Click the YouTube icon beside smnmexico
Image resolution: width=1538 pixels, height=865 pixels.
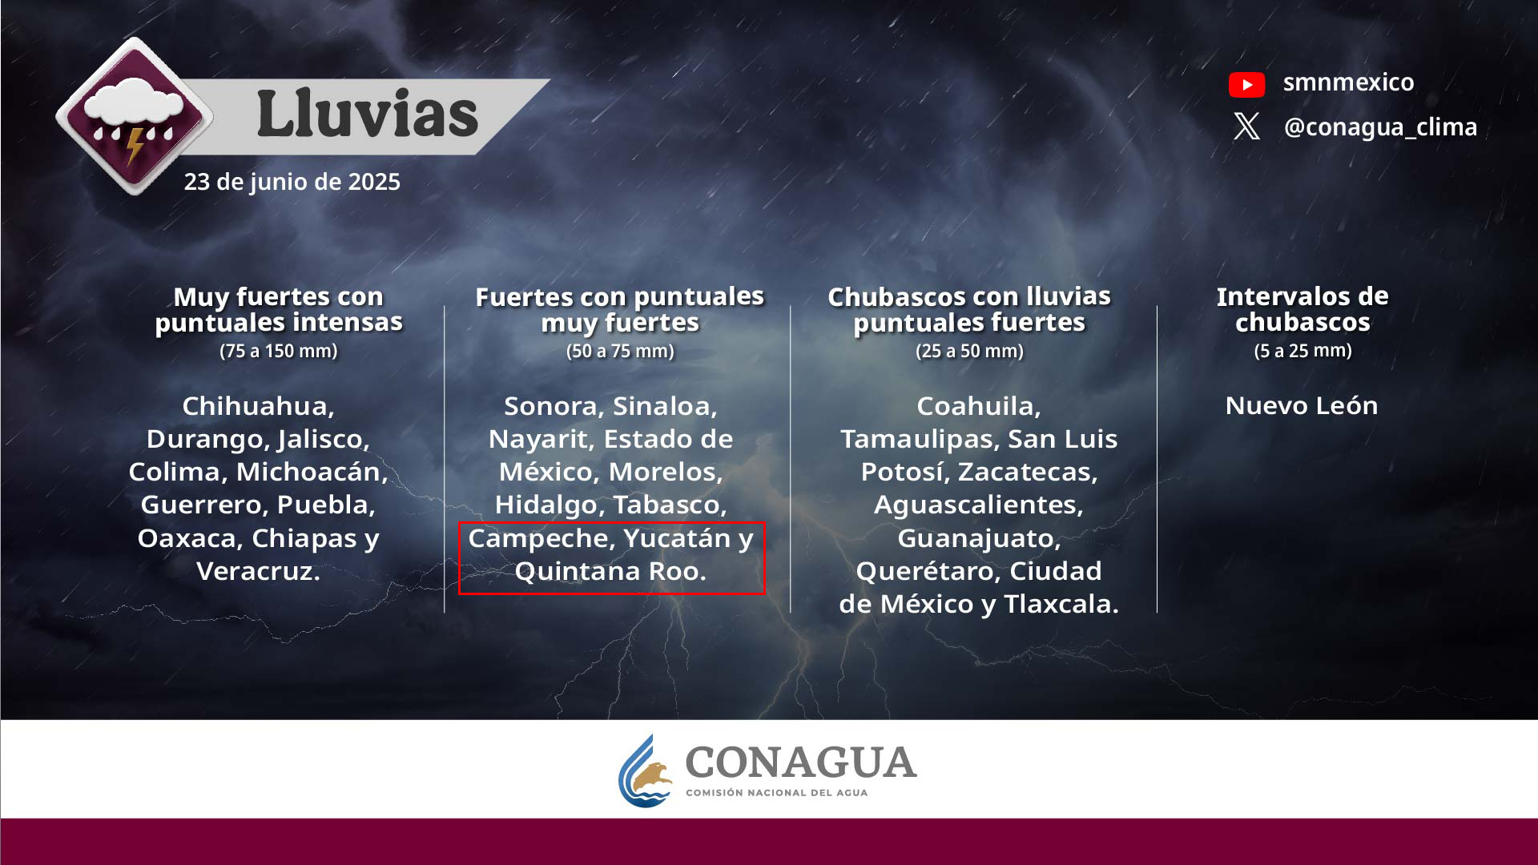[1246, 84]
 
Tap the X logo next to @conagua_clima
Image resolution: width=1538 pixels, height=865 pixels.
[1246, 127]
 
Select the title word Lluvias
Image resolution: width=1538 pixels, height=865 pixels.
[368, 115]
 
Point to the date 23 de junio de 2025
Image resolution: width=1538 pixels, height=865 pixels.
[292, 182]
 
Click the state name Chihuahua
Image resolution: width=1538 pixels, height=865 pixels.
[258, 406]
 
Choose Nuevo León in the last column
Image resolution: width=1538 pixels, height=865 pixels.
[1302, 405]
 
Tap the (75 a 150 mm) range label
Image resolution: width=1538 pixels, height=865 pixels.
[279, 351]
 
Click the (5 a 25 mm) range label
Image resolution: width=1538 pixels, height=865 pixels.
[1302, 351]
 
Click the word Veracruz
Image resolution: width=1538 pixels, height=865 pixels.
[258, 571]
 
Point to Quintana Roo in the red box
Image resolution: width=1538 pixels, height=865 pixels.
[610, 571]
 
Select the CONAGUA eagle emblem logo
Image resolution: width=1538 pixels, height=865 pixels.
[646, 771]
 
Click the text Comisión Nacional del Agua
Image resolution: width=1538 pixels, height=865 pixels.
[776, 793]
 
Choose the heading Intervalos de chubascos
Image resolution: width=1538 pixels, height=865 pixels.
[1302, 309]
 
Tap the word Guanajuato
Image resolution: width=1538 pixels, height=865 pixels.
[979, 539]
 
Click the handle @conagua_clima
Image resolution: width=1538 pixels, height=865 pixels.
[1380, 127]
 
